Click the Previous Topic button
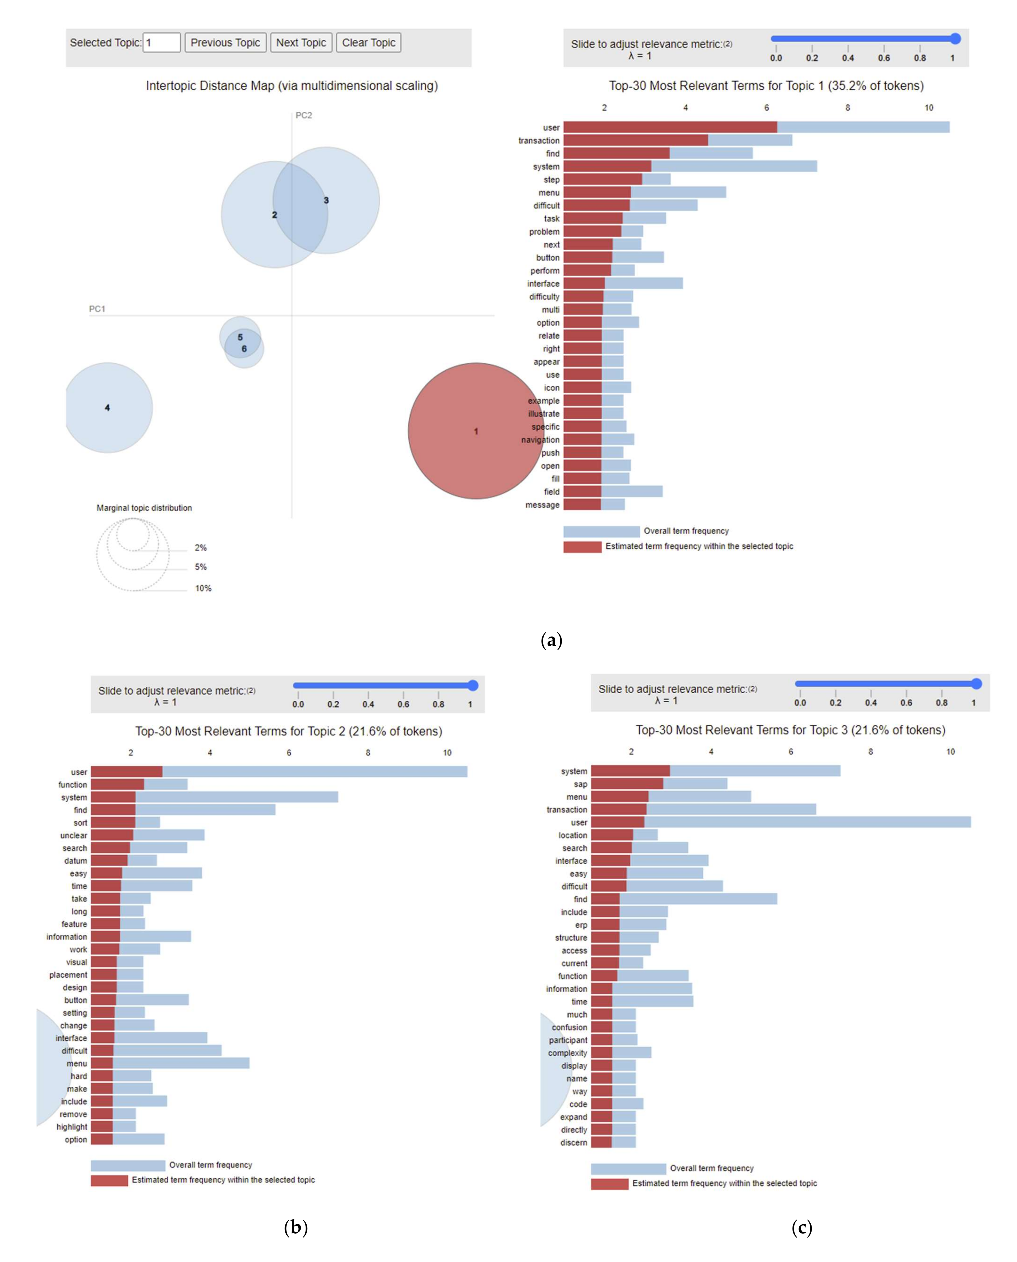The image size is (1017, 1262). tap(225, 43)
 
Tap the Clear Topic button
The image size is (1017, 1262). tap(368, 43)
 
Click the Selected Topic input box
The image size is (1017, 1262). tap(162, 43)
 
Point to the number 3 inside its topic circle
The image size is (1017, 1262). tap(326, 201)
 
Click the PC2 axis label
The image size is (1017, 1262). tap(304, 115)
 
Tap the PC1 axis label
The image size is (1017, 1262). tap(97, 309)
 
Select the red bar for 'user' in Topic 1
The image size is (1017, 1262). tap(670, 127)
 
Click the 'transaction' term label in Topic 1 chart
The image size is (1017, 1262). tap(539, 141)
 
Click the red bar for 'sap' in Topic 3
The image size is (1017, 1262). tap(627, 784)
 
